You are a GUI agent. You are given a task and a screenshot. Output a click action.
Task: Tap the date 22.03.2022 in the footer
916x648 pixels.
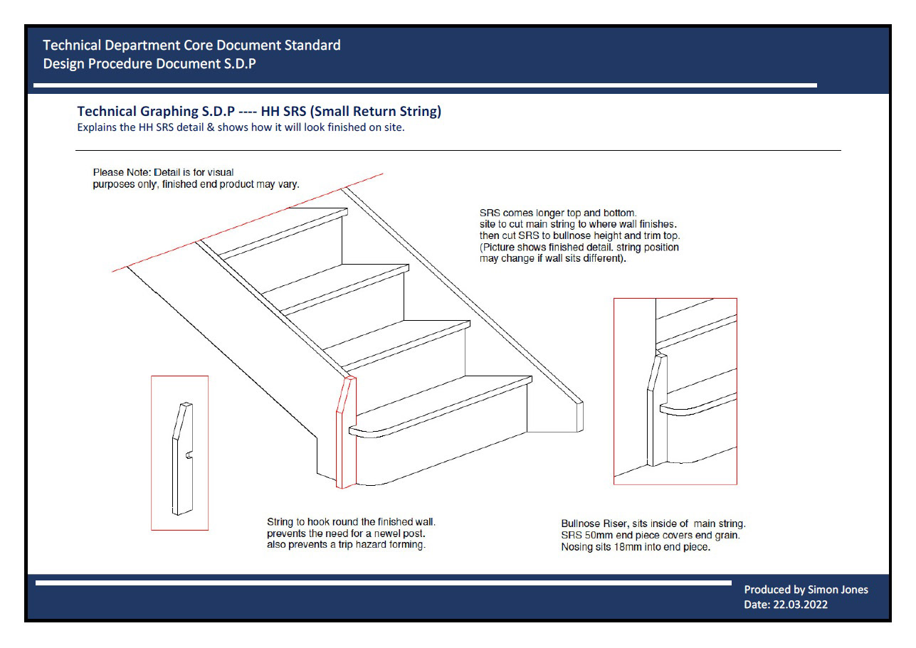click(x=800, y=605)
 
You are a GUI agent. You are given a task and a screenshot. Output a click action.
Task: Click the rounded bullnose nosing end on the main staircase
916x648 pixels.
click(x=356, y=432)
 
